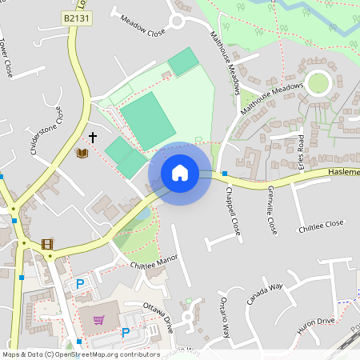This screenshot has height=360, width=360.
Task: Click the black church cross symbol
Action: [93, 138]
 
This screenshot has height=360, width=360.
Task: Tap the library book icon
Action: [82, 153]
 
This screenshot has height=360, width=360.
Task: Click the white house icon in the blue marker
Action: [180, 173]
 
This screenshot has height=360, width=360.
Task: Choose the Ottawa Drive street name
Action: [158, 318]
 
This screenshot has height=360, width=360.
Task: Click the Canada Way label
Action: [265, 294]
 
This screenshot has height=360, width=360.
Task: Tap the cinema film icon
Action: [47, 244]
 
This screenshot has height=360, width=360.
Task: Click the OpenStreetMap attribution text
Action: [80, 354]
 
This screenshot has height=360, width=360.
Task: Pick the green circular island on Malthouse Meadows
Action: [318, 83]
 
